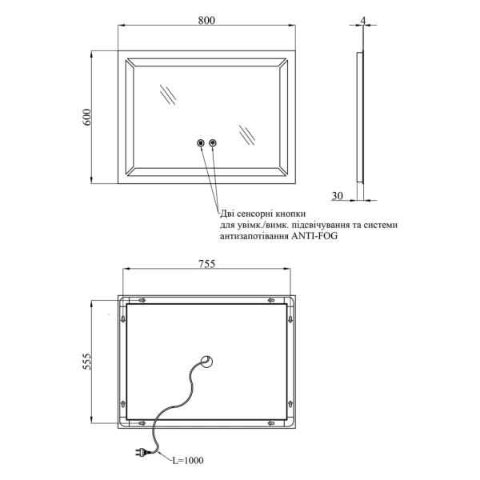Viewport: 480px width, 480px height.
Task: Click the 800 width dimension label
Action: click(206, 20)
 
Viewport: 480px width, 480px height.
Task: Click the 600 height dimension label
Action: click(86, 117)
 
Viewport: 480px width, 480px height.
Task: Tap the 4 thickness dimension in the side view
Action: click(363, 21)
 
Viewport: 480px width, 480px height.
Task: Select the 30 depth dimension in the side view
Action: click(338, 195)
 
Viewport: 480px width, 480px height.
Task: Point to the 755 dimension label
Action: click(207, 263)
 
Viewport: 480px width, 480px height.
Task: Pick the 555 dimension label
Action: click(87, 362)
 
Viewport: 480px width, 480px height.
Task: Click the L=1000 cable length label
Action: click(188, 460)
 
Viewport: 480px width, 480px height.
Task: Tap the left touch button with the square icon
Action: click(201, 142)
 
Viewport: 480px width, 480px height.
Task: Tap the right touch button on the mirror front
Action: click(213, 142)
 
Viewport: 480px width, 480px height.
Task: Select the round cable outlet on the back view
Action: click(207, 362)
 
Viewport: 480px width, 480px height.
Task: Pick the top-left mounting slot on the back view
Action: click(142, 300)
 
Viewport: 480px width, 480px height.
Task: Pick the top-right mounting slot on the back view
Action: click(271, 300)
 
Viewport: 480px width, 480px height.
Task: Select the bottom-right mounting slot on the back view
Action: click(271, 423)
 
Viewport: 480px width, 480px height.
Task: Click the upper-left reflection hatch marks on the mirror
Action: click(168, 94)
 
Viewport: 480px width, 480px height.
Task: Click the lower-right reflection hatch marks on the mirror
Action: click(247, 135)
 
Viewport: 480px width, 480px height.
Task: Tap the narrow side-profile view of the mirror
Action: click(360, 118)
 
